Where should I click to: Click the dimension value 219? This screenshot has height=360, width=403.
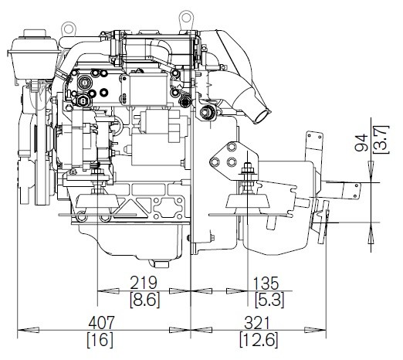144,283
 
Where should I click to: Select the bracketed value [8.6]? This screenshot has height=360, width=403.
144,300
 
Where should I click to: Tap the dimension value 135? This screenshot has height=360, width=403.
266,283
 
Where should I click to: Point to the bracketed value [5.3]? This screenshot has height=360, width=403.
269,300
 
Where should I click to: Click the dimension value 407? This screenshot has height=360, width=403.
101,322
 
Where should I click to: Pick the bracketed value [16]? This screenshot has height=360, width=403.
100,340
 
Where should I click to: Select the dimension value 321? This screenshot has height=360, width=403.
256,323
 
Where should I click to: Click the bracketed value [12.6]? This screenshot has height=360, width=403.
259,340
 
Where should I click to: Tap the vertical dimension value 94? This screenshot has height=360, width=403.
361,142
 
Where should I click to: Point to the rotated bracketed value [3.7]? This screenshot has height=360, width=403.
381,140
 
